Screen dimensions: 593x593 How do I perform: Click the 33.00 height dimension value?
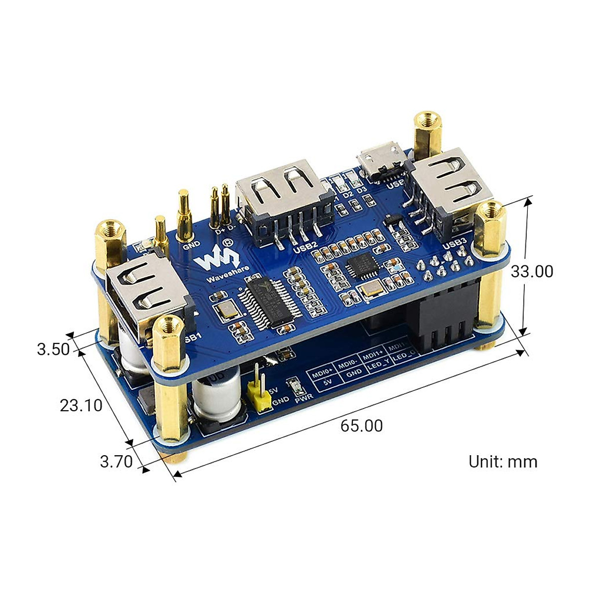pyautogui.click(x=532, y=271)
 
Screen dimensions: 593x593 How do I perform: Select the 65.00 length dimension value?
pyautogui.click(x=361, y=425)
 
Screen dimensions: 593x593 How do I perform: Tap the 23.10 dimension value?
pyautogui.click(x=81, y=405)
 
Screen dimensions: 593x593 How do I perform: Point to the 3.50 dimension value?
pyautogui.click(x=53, y=349)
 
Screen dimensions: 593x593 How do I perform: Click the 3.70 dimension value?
pyautogui.click(x=116, y=462)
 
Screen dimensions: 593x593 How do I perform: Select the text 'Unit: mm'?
pyautogui.click(x=503, y=462)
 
